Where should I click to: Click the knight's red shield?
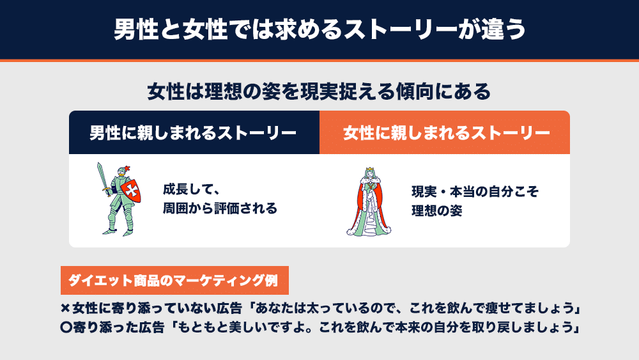click(131, 190)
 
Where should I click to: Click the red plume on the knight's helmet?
click(127, 168)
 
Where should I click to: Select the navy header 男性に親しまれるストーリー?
click(194, 132)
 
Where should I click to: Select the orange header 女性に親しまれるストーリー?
click(445, 132)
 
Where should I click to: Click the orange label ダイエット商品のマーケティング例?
click(174, 281)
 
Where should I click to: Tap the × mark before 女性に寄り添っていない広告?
click(65, 309)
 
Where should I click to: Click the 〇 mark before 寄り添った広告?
click(66, 327)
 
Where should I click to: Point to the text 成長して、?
click(192, 189)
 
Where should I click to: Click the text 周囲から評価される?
click(220, 208)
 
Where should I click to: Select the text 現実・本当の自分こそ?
click(475, 192)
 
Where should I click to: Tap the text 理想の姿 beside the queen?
click(436, 211)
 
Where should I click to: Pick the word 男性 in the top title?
click(136, 29)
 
